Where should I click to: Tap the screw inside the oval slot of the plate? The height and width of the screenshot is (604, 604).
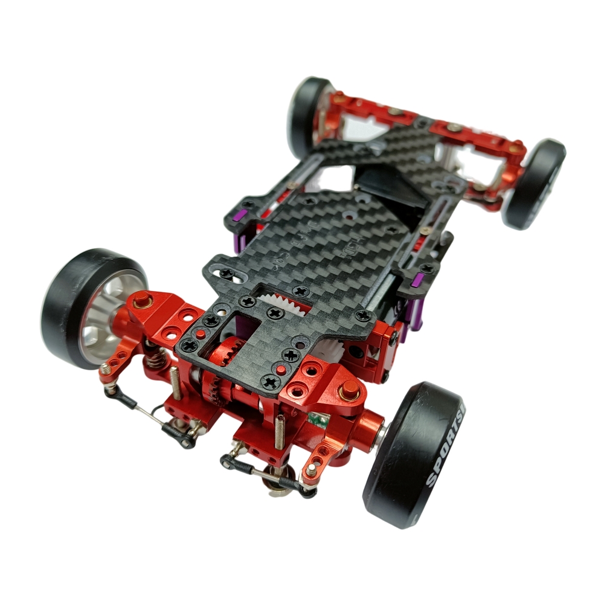pos(227,274)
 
